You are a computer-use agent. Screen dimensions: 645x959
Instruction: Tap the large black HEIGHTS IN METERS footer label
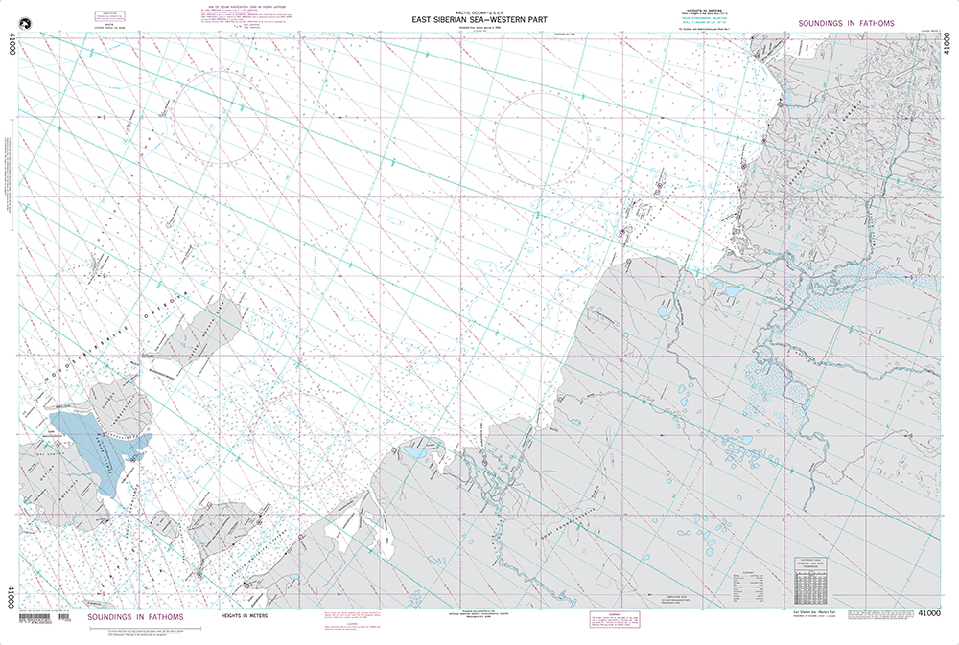coord(244,616)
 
